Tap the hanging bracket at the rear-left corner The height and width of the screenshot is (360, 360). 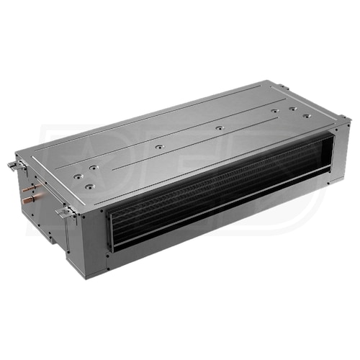(x=14, y=166)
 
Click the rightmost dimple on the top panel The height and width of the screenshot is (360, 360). (x=307, y=115)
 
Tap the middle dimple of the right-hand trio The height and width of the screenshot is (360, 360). (x=292, y=109)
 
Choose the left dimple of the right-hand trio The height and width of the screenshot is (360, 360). (x=275, y=112)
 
